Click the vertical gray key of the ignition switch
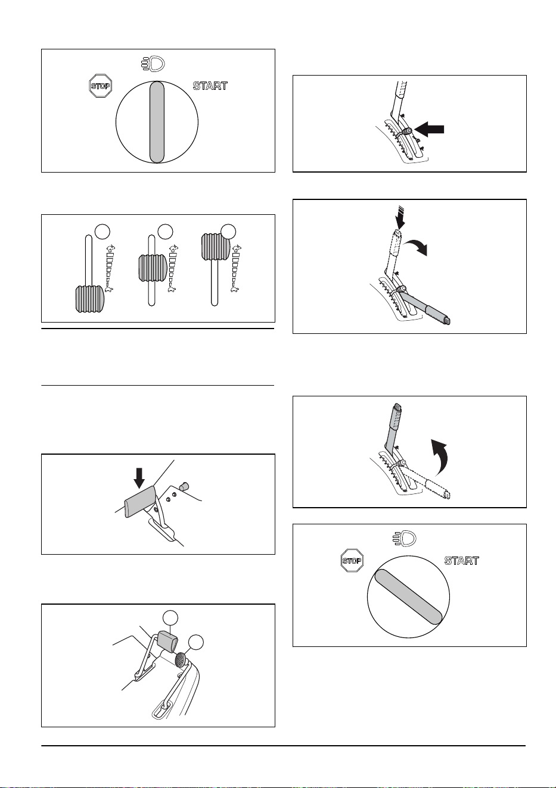157,122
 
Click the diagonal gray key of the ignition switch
408,597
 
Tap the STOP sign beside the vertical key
101,86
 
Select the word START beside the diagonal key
462,561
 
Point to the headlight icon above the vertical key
153,64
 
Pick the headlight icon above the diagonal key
405,539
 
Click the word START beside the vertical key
210,86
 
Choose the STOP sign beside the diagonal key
352,561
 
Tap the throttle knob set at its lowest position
90,299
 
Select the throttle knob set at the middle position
153,268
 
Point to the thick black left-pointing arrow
430,130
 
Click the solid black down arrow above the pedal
139,478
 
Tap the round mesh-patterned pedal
181,659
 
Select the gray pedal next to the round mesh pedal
167,642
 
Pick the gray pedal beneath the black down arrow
140,502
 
